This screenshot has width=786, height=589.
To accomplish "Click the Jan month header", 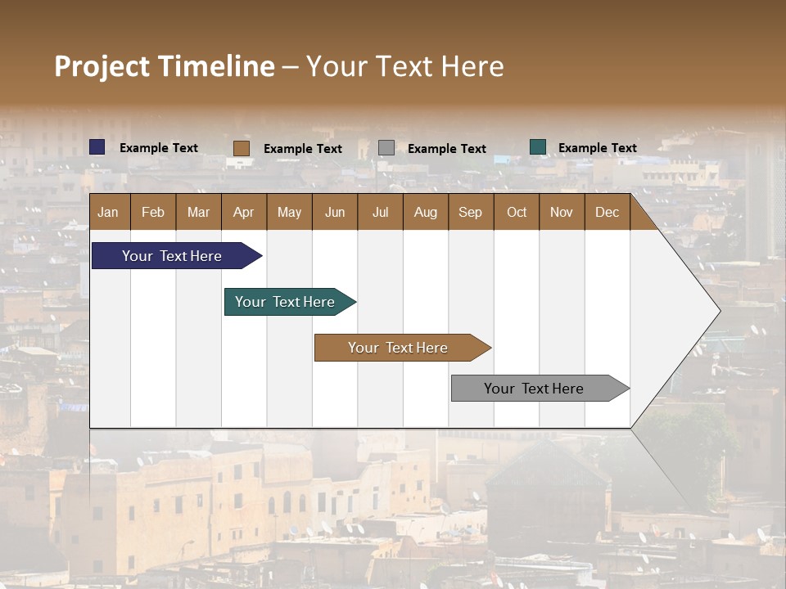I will (109, 212).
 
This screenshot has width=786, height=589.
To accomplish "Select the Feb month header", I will (153, 212).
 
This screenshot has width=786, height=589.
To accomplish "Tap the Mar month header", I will (198, 212).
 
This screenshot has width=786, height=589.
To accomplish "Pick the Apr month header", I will (243, 212).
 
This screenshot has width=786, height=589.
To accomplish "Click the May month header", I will (289, 212).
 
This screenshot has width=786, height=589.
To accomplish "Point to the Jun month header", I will (335, 212).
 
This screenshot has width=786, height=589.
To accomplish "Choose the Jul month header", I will (380, 212).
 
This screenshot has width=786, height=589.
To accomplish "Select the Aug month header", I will (426, 212).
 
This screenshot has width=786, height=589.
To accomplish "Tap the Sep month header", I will (471, 212).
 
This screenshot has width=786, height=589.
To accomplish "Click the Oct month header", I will (517, 212).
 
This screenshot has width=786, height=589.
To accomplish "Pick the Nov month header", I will (562, 212).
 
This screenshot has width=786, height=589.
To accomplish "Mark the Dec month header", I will (608, 212).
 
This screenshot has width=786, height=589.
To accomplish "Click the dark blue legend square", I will (97, 147).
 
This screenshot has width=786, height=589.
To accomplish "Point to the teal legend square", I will (538, 147).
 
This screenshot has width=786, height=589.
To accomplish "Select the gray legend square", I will (386, 148).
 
